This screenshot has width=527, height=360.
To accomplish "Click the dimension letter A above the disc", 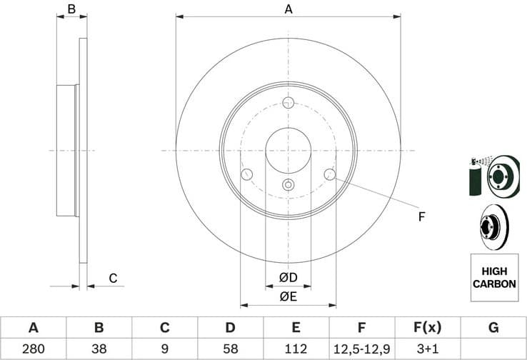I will point(288,9).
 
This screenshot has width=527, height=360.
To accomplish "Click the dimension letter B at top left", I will point(71,9).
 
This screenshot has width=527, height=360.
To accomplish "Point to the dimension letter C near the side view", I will point(112,278).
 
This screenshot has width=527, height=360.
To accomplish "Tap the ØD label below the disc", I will point(288,276).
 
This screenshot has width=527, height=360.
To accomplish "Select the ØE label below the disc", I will point(288,295).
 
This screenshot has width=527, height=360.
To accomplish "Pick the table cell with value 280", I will point(33,349).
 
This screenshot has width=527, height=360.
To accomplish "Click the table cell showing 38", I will point(99,349).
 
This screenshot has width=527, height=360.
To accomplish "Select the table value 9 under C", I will point(164,349).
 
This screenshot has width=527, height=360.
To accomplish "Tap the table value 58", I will point(230,349).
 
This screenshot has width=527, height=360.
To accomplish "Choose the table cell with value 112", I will point(296,349).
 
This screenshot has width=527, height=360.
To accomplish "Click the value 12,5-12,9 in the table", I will point(361,349).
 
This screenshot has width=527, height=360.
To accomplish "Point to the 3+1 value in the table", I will point(427,349).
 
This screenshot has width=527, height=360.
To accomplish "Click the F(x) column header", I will point(427,328).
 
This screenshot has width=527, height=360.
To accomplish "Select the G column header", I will point(493,328).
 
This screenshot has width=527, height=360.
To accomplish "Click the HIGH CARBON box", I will point(493,277).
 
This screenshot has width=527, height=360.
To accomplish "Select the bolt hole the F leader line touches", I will point(329,174).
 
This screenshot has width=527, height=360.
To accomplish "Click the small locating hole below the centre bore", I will point(288,185).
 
